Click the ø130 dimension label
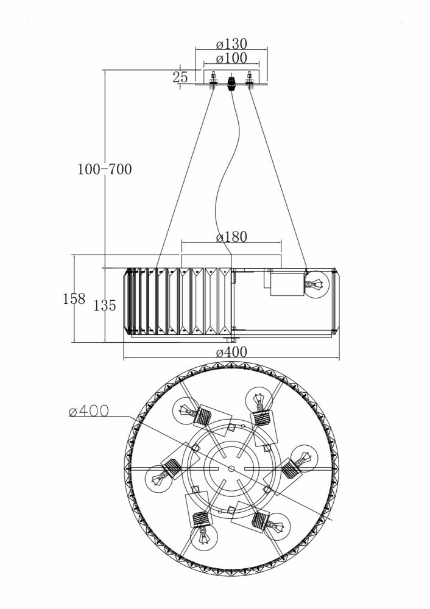pos(232,44)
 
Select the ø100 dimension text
pos(231,58)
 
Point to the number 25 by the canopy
pos(180,77)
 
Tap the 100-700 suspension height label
pos(104,169)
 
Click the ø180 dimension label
pos(231,237)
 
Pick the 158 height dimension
pos(74,299)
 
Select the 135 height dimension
pos(105,306)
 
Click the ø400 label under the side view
pos(231,352)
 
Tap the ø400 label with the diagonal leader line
pos(89,412)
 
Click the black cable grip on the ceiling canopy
pos(231,82)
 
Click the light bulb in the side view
pos(316,285)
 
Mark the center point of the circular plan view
pos(231,468)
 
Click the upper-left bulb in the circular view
pos(186,411)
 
